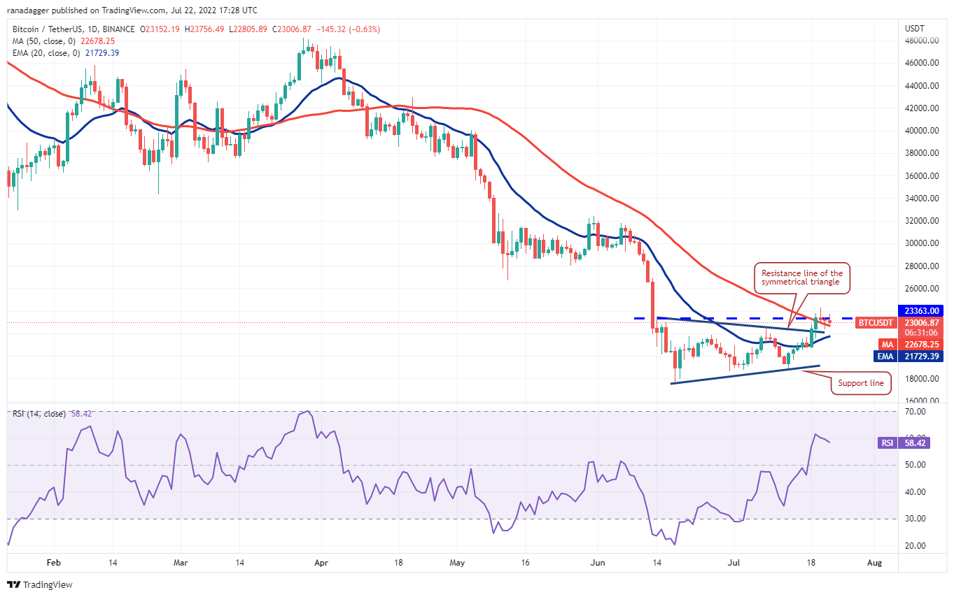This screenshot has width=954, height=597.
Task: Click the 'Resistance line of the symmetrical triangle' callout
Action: click(802, 278)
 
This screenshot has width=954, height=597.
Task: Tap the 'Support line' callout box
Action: click(861, 383)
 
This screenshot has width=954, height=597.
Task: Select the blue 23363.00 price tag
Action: click(921, 310)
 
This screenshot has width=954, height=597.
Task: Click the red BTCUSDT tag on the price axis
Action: click(875, 322)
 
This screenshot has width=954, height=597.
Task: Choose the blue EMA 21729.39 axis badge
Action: click(908, 356)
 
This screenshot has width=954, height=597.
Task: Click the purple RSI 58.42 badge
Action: click(904, 443)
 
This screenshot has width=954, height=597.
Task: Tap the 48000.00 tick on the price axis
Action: click(921, 41)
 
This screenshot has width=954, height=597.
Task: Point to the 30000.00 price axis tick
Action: click(921, 243)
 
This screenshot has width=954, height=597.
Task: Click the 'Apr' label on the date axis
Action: click(321, 563)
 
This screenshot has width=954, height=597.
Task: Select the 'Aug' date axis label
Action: click(874, 563)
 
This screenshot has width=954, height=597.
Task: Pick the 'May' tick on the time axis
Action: click(457, 563)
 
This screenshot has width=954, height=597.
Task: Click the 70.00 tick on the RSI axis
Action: click(915, 412)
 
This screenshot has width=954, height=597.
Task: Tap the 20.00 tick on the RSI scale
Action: click(915, 545)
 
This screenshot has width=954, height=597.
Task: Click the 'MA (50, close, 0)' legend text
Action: click(44, 41)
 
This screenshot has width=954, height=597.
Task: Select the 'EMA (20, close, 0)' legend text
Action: click(46, 53)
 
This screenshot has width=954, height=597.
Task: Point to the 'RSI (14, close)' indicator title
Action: click(38, 414)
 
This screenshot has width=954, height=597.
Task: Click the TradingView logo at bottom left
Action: click(40, 584)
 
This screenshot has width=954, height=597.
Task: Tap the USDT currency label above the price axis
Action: click(915, 29)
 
